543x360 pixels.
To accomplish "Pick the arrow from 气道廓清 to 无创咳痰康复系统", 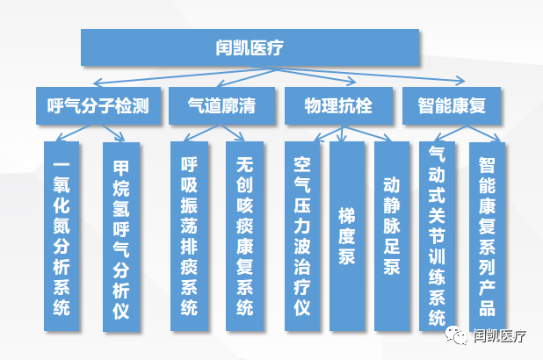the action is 234,133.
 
